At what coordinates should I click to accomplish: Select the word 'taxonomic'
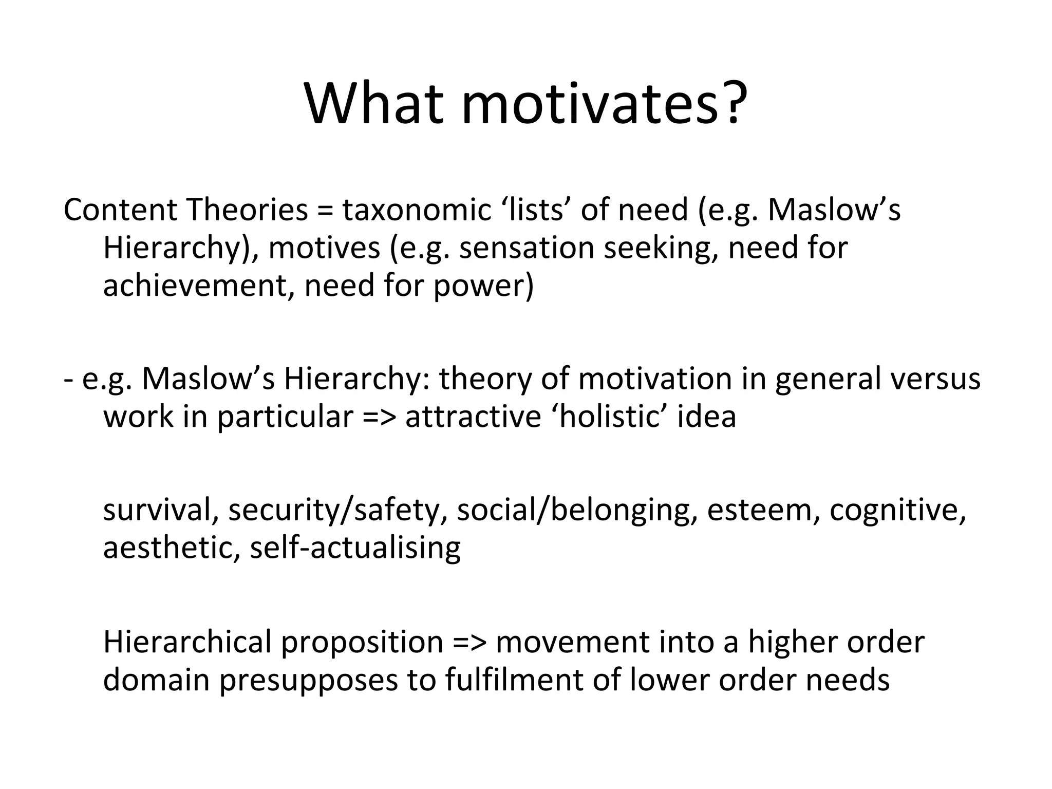click(x=417, y=210)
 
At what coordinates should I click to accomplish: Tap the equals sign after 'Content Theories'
click(x=325, y=211)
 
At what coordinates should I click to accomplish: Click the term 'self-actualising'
click(x=355, y=548)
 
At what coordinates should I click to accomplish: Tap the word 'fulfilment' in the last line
click(x=514, y=680)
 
